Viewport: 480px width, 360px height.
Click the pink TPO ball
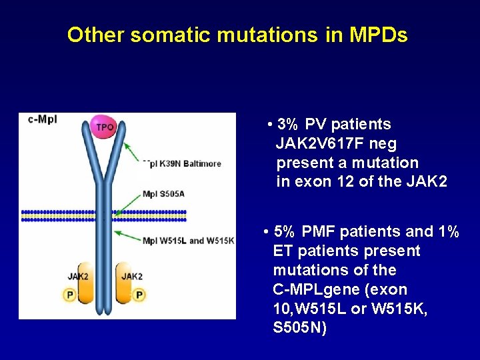tap(105, 127)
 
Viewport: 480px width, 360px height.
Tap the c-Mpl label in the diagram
tap(43, 120)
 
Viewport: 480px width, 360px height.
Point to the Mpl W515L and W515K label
tap(188, 241)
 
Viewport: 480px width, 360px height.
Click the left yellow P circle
tap(69, 295)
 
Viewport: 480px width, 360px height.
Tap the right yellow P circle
tap(139, 295)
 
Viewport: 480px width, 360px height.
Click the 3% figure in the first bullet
tap(288, 125)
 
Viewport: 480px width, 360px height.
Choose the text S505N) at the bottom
tap(300, 329)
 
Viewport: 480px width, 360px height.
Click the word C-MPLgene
tap(313, 290)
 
